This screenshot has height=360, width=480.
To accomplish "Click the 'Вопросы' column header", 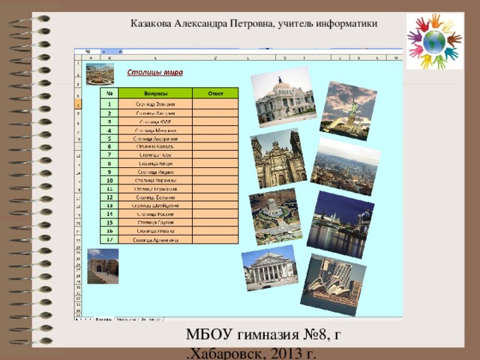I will [155, 93].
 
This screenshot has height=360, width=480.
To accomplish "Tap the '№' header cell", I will [109, 93].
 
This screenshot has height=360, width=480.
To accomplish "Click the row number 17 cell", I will [109, 239].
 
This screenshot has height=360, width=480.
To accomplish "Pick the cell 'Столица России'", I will [155, 214].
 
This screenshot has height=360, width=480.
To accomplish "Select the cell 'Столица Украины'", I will [155, 181].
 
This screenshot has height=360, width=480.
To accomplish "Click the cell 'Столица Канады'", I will [155, 146].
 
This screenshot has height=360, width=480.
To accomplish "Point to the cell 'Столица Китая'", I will [155, 163].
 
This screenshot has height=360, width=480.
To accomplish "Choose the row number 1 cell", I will [109, 103].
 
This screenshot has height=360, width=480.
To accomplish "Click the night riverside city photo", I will [339, 224].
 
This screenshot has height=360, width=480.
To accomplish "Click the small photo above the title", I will [101, 73].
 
